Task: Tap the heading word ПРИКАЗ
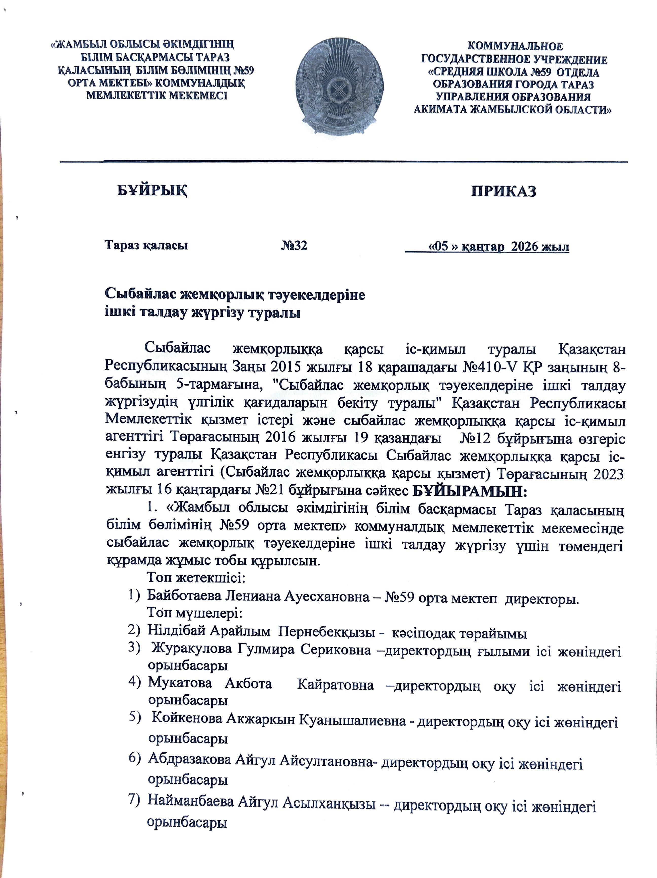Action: (x=504, y=191)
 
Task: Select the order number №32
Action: (x=294, y=246)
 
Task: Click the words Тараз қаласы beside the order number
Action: (x=146, y=245)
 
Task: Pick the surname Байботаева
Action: (x=185, y=596)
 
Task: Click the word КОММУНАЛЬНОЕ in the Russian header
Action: (x=515, y=46)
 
